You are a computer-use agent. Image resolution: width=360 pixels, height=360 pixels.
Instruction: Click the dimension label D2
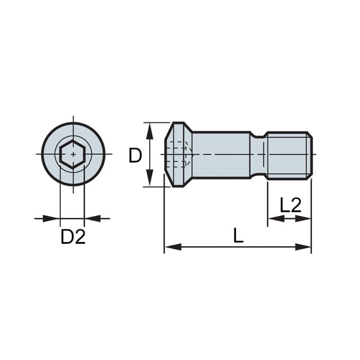73,237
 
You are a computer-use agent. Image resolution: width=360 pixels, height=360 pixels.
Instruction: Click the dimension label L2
290,206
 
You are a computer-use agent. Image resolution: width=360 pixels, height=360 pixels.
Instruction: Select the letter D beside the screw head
135,155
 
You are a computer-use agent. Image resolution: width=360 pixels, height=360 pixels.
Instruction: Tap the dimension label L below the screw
238,236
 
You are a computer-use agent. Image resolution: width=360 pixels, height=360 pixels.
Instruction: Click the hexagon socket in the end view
73,154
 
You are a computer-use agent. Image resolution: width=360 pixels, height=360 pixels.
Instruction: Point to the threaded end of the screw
288,155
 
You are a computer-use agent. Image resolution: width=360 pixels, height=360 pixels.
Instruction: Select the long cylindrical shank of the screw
221,155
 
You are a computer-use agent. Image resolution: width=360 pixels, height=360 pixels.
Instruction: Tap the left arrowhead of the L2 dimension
273,219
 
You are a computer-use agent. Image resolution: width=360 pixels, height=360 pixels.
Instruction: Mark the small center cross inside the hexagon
73,154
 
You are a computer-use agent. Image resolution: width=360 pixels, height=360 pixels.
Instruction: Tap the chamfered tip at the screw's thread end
310,155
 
